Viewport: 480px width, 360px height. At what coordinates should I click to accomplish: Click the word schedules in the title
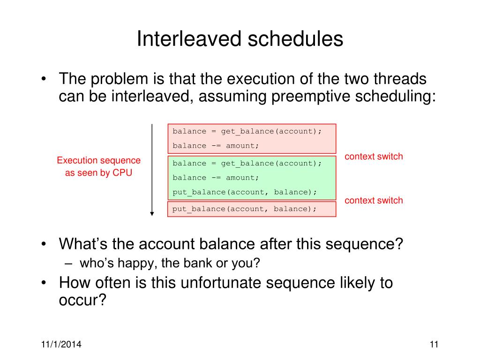point(295,39)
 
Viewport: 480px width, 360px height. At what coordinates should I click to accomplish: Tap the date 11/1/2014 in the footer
point(61,345)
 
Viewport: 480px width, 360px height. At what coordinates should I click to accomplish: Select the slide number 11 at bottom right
point(434,345)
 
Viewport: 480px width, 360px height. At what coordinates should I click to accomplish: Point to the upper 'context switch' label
point(374,157)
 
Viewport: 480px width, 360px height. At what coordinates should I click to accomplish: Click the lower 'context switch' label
point(374,201)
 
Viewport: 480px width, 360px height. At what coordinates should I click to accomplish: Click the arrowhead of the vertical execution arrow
point(152,214)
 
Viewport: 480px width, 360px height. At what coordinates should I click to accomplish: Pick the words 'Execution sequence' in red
point(98,160)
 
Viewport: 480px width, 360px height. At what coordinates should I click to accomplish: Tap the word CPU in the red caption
point(122,172)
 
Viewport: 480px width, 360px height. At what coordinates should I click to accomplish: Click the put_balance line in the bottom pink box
point(244,209)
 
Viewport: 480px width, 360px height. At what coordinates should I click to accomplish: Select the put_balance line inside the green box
point(244,192)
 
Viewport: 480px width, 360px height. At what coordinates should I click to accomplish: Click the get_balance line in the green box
point(247,164)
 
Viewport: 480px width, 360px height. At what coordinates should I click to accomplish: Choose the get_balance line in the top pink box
point(247,132)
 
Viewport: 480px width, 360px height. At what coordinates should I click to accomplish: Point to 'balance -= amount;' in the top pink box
point(216,146)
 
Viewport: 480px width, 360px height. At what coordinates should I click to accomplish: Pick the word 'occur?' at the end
point(82,300)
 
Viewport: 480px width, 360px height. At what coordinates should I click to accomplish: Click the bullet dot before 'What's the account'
point(44,244)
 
